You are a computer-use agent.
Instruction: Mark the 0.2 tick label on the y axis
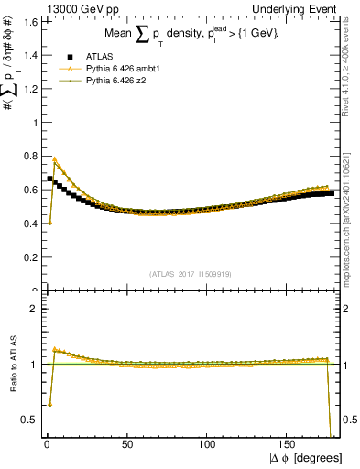coord(27,257)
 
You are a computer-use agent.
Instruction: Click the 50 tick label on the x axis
coord(127,446)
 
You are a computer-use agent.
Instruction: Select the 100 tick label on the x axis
coord(208,446)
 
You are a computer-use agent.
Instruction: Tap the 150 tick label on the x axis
coord(289,446)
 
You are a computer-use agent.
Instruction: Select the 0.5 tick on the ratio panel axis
coord(27,420)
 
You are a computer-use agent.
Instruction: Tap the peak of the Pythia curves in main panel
coord(55,158)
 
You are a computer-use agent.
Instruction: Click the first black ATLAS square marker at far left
coord(50,179)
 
